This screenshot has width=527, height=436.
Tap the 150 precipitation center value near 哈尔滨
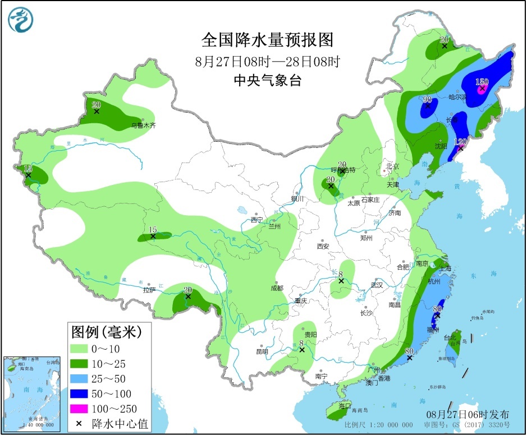click(x=482, y=82)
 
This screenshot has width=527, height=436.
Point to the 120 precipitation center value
click(x=461, y=142)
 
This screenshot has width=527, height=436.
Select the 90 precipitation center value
click(x=428, y=99)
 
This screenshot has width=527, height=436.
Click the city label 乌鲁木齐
click(x=143, y=126)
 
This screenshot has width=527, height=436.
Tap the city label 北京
click(x=391, y=166)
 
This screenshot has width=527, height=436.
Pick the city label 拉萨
click(x=149, y=290)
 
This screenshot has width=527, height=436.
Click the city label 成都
click(x=276, y=288)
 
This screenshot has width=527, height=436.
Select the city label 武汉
click(x=376, y=285)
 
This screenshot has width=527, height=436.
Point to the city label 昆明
click(x=262, y=351)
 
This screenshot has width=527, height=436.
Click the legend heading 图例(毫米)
click(x=104, y=332)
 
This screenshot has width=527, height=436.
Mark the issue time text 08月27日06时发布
click(x=468, y=414)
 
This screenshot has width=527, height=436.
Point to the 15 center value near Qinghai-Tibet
click(x=152, y=230)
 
